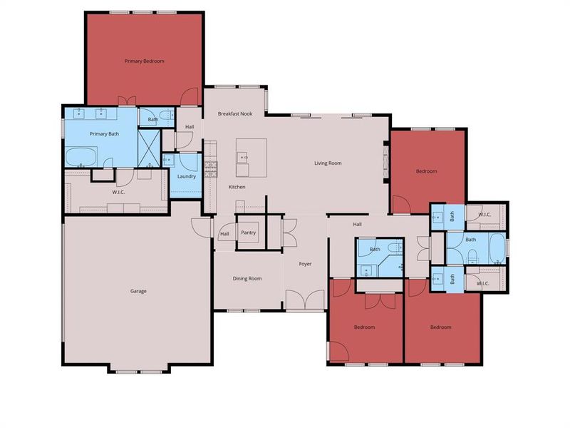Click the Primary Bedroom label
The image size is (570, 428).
click(144, 61)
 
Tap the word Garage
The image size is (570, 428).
click(138, 291)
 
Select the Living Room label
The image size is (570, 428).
click(328, 163)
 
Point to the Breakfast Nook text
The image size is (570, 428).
click(235, 114)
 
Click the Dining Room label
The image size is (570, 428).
click(247, 278)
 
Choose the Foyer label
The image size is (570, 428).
click(305, 264)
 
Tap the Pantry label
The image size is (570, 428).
click(249, 233)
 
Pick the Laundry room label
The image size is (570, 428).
click(187, 177)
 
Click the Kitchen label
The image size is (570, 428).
click(237, 187)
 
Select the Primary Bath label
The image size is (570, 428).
click(104, 134)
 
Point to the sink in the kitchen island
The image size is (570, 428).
click(244, 156)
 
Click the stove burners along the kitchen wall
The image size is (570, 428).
click(211, 168)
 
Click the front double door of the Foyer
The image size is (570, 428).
click(305, 300)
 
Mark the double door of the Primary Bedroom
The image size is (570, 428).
click(125, 101)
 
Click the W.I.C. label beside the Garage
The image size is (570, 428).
click(118, 191)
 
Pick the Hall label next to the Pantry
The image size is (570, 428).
click(224, 234)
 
